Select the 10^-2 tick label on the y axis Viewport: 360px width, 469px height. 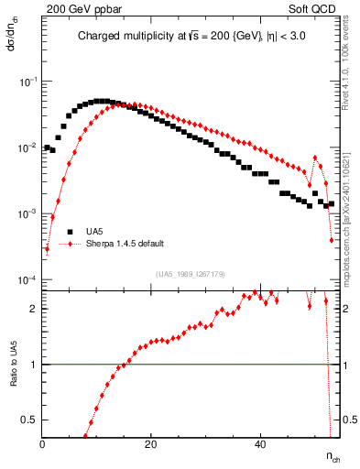(x=27, y=147)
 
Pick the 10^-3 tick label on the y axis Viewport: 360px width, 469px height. (x=27, y=213)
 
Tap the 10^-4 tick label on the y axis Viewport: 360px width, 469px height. (x=27, y=279)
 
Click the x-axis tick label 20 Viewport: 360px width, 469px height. (x=151, y=443)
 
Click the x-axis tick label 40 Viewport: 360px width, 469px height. (x=260, y=443)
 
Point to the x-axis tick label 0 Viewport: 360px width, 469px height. (x=43, y=443)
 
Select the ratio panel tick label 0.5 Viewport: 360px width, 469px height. (x=30, y=420)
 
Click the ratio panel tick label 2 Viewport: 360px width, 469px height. (x=34, y=309)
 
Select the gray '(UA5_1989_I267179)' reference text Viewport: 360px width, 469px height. (x=191, y=273)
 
